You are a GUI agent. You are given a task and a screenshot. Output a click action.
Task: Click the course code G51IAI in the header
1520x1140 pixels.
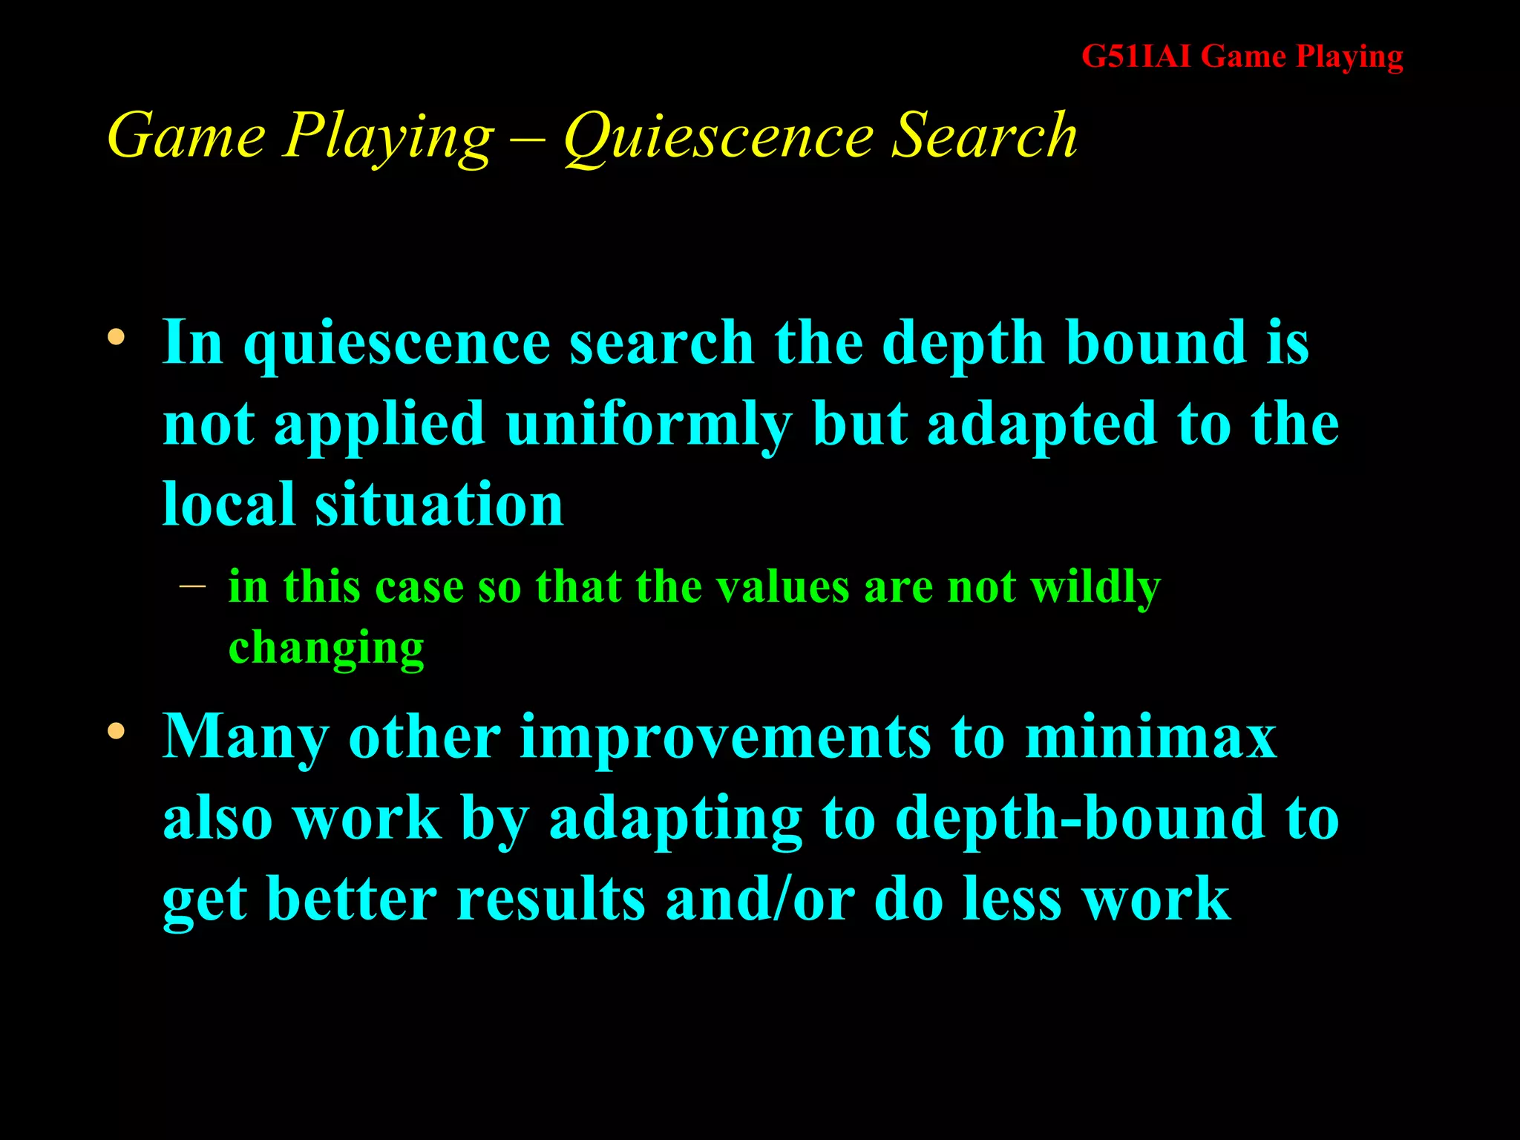click(x=1136, y=56)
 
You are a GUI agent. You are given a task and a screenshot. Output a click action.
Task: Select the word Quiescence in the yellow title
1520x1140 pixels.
click(x=718, y=137)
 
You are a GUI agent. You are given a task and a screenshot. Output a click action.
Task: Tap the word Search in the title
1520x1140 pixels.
click(x=984, y=135)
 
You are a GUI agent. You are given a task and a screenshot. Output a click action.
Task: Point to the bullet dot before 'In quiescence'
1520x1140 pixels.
click(x=116, y=338)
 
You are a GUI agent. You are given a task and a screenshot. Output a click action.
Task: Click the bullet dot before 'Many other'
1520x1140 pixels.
click(x=116, y=732)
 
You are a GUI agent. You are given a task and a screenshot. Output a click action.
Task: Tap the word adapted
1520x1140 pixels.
click(x=1042, y=425)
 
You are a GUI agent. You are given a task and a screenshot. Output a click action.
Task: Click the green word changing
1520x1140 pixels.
click(x=326, y=649)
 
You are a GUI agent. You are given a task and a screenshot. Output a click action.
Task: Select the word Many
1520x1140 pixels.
click(x=246, y=738)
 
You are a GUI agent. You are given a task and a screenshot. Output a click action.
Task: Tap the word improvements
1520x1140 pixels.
click(x=725, y=738)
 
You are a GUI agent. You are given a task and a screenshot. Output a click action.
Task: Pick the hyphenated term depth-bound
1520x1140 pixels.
click(x=1081, y=819)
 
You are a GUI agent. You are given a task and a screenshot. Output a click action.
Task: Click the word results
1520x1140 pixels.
click(x=551, y=900)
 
